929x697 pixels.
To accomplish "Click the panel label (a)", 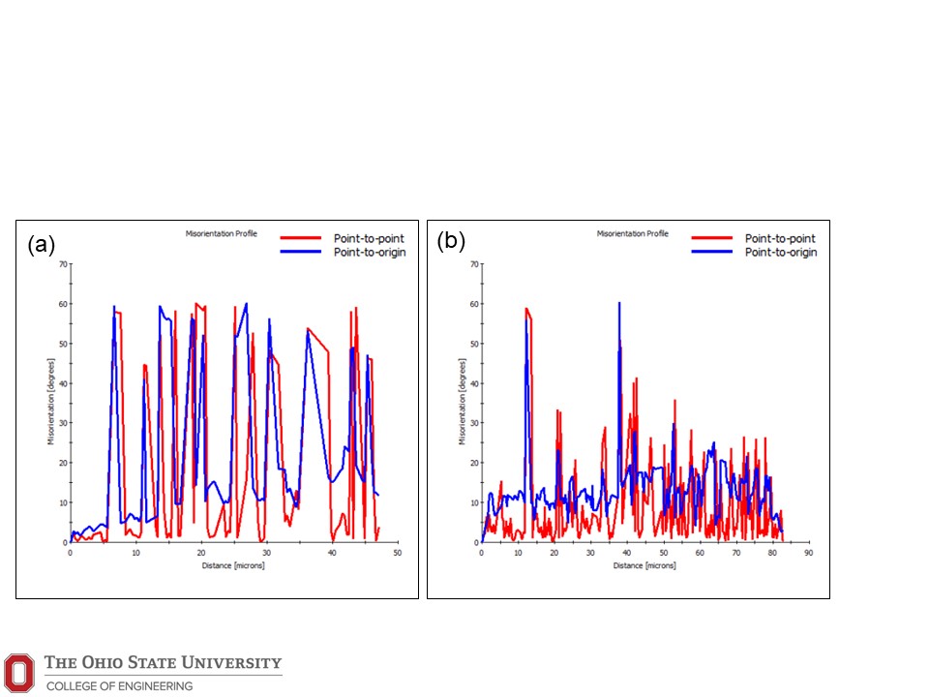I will [42, 245].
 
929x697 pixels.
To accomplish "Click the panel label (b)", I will [453, 240].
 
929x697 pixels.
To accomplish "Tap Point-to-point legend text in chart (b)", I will [780, 238].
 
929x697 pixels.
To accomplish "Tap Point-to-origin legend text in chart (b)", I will [781, 252].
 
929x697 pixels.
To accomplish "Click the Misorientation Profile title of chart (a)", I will [221, 233].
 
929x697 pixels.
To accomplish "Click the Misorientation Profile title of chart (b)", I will [632, 233].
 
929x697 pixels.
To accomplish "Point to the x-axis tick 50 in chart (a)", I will [398, 553].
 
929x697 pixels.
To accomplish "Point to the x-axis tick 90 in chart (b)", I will [809, 553].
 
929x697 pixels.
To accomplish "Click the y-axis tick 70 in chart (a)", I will [63, 263].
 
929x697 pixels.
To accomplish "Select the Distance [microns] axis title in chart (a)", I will [233, 564].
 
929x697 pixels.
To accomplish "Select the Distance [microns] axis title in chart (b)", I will [644, 564].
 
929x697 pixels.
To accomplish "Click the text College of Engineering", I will [119, 685].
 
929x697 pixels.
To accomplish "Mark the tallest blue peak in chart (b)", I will [618, 304].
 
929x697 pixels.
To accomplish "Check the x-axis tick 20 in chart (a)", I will [201, 553].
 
